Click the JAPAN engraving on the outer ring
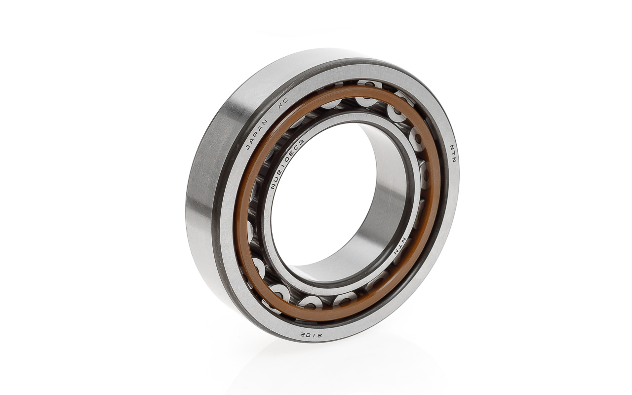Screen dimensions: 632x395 point(256,134)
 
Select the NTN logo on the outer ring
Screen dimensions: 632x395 point(453,154)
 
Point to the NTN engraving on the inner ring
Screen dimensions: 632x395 point(400,246)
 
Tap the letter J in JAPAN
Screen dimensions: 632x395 point(248,147)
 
